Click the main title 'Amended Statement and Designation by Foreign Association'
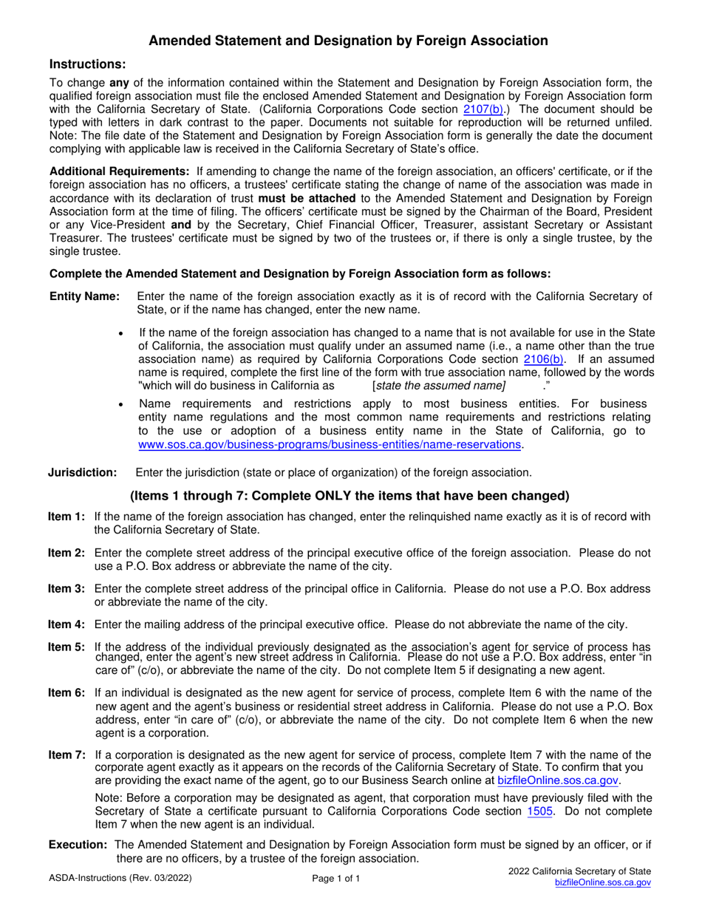(349, 41)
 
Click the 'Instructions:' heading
(82, 65)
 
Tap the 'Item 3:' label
(67, 588)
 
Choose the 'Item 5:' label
(67, 646)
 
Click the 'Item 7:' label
(67, 755)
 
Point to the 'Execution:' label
(79, 845)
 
